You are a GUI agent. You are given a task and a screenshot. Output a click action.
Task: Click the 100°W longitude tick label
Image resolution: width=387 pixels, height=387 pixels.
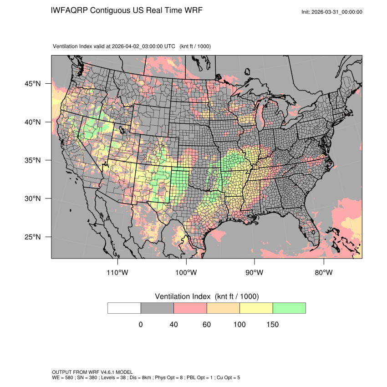(186, 273)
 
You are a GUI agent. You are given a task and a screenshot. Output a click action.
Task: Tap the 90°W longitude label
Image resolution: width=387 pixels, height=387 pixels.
(255, 273)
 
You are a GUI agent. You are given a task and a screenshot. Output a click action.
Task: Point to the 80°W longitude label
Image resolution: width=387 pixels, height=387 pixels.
(323, 273)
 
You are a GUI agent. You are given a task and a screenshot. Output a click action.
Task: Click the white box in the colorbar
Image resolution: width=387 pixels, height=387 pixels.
(124, 308)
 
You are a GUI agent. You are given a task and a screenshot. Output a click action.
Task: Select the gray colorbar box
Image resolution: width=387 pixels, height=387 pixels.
(157, 308)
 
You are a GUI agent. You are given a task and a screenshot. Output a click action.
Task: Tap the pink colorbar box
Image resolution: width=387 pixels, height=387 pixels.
(190, 308)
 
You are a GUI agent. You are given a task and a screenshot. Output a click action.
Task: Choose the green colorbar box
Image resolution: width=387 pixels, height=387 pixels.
(289, 308)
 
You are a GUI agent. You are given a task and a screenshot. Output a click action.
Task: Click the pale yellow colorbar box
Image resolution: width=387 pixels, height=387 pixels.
(256, 308)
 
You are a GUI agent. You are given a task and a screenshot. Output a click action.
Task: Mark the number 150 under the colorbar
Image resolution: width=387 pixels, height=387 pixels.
(273, 325)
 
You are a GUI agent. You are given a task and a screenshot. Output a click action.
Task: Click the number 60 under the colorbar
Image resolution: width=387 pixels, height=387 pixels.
(207, 325)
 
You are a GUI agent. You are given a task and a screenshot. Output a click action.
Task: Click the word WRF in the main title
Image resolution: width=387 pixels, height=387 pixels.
(193, 10)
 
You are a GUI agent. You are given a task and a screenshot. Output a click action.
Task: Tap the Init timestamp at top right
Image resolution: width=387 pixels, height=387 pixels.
(332, 12)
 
